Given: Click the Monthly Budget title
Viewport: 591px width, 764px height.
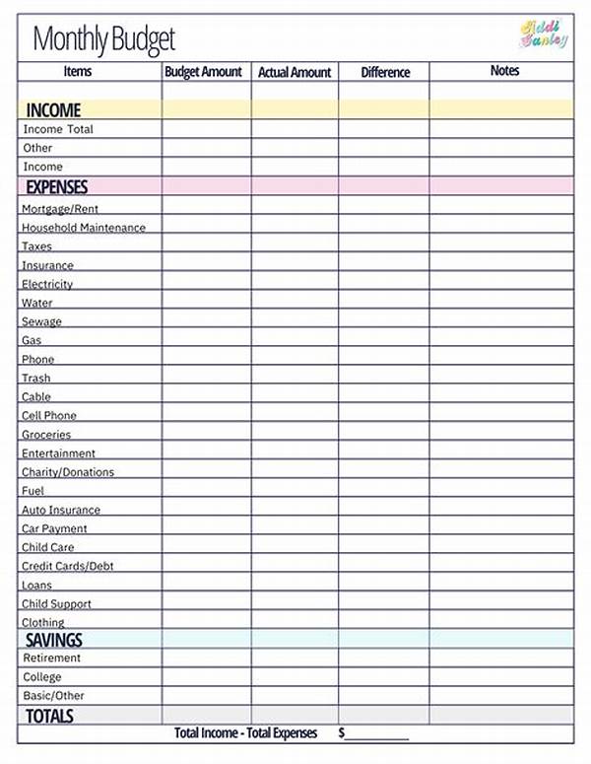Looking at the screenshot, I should point(103,39).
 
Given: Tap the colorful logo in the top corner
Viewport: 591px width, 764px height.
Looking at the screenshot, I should point(544,35).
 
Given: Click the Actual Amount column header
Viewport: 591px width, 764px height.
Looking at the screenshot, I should point(295,72).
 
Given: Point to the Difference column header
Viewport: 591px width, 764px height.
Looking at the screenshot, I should point(384,72).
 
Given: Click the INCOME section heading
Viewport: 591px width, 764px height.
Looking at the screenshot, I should point(53,110).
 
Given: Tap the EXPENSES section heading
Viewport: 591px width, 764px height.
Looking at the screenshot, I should point(56,186).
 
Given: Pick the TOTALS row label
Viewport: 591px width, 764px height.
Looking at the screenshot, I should point(49,716).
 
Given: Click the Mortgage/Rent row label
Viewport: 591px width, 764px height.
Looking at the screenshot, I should point(60,209).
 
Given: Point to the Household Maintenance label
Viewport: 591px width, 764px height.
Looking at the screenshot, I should point(84,228).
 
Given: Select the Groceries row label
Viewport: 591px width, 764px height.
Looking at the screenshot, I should point(46,435).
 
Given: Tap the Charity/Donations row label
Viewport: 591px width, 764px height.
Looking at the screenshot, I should point(68,472).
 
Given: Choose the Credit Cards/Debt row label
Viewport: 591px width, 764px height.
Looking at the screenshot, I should point(69,567).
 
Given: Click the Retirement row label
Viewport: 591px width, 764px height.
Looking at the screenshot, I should point(52,658).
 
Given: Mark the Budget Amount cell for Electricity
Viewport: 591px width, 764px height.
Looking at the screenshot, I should point(206,284).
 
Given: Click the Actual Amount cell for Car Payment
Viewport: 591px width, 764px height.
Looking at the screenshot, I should point(295,528).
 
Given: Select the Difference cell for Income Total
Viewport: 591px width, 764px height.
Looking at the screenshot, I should point(384,129).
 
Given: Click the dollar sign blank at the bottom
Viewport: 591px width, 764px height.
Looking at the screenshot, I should point(374,733).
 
